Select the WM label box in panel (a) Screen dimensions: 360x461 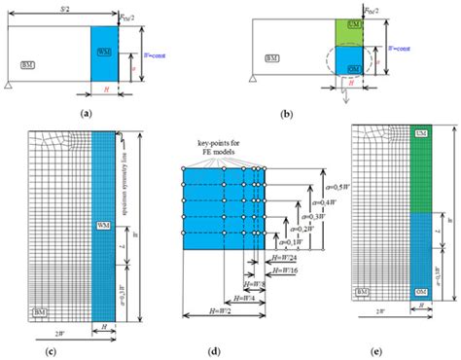click(x=104, y=48)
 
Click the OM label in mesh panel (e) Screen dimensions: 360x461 click(x=419, y=293)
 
